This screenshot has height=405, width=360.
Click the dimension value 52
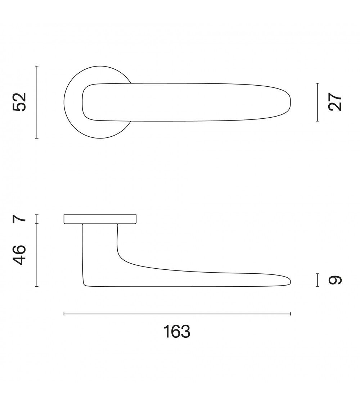click(x=20, y=102)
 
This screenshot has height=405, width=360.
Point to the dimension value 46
click(x=20, y=255)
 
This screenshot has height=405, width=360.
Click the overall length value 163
click(x=177, y=332)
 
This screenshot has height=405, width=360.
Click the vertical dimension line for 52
click(x=37, y=102)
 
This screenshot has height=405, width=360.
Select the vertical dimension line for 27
click(x=318, y=102)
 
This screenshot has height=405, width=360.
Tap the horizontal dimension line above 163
click(x=177, y=314)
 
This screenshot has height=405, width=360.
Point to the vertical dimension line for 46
click(x=37, y=255)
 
